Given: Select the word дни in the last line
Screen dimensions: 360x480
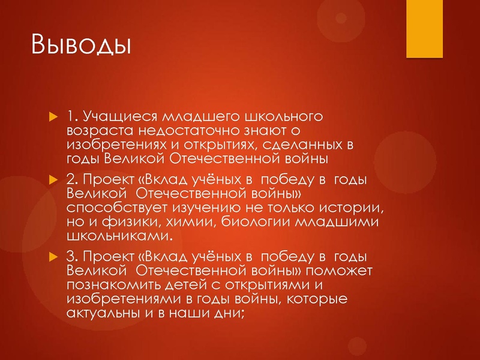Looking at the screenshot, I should (x=229, y=317).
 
